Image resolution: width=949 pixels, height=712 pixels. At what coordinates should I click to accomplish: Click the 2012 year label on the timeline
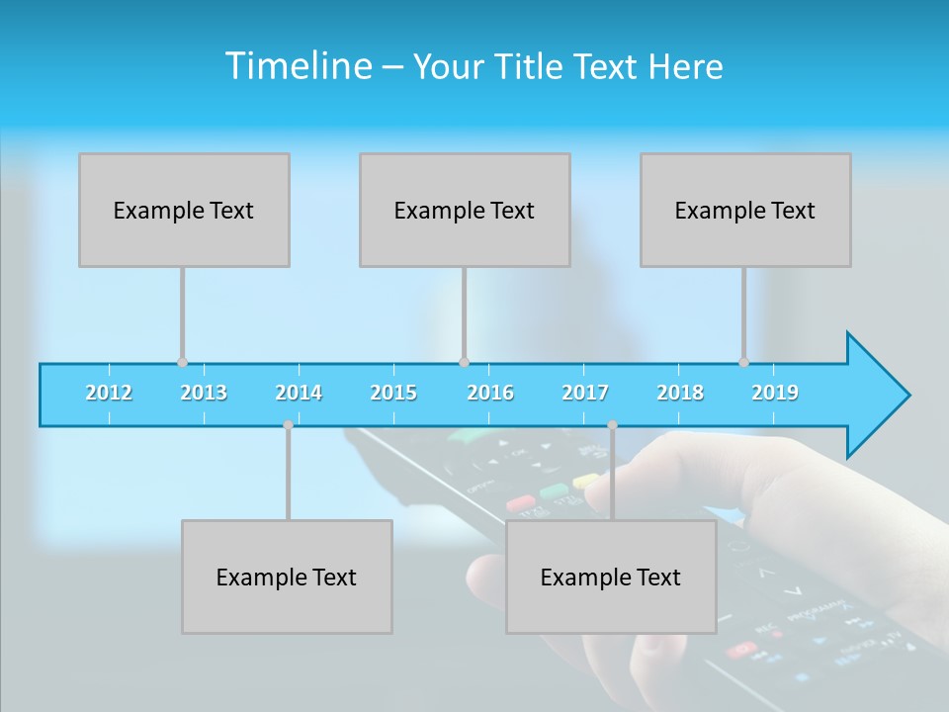(x=109, y=393)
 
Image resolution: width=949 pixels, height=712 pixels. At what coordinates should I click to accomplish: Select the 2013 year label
(x=204, y=393)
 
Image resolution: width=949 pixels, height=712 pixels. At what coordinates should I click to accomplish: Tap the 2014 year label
(x=299, y=393)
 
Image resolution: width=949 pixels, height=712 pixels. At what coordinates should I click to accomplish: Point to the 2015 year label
(x=393, y=393)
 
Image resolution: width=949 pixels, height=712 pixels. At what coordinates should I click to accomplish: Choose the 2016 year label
(x=490, y=393)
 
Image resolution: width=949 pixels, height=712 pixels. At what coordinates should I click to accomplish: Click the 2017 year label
(x=585, y=393)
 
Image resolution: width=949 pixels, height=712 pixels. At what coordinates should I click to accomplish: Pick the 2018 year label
(x=680, y=393)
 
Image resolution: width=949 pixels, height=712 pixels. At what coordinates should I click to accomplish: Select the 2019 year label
(x=775, y=393)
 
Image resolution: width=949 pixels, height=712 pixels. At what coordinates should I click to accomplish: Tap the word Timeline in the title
(x=299, y=66)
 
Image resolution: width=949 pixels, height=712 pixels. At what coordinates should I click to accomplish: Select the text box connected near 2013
(x=184, y=210)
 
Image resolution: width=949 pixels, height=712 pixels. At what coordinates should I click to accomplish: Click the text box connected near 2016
(x=465, y=210)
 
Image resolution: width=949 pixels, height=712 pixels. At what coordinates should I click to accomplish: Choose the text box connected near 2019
(x=745, y=210)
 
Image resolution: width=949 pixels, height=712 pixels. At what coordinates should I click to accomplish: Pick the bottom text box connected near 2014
(x=287, y=577)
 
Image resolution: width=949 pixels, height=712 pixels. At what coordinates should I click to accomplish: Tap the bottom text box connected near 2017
(x=611, y=577)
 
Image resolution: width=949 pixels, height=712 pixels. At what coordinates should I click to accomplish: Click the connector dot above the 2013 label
(x=182, y=363)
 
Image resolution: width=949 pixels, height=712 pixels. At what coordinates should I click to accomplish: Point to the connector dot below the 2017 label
(x=612, y=425)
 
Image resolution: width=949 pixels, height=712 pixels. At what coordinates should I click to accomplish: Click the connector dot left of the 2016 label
(x=464, y=363)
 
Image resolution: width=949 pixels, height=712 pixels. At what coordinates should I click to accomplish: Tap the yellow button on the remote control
(x=586, y=482)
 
